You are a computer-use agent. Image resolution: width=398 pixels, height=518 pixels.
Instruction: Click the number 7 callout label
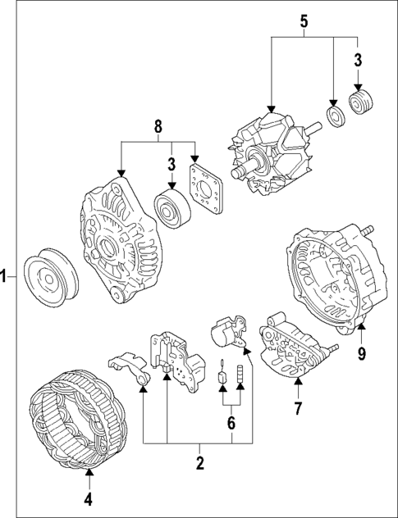pos(299,407)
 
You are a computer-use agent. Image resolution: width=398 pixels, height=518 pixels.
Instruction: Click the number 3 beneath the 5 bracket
pos(359,59)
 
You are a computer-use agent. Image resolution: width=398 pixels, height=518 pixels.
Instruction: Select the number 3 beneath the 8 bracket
pos(172,165)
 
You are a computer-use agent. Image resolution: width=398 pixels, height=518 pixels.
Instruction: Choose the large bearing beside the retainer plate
pos(172,211)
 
